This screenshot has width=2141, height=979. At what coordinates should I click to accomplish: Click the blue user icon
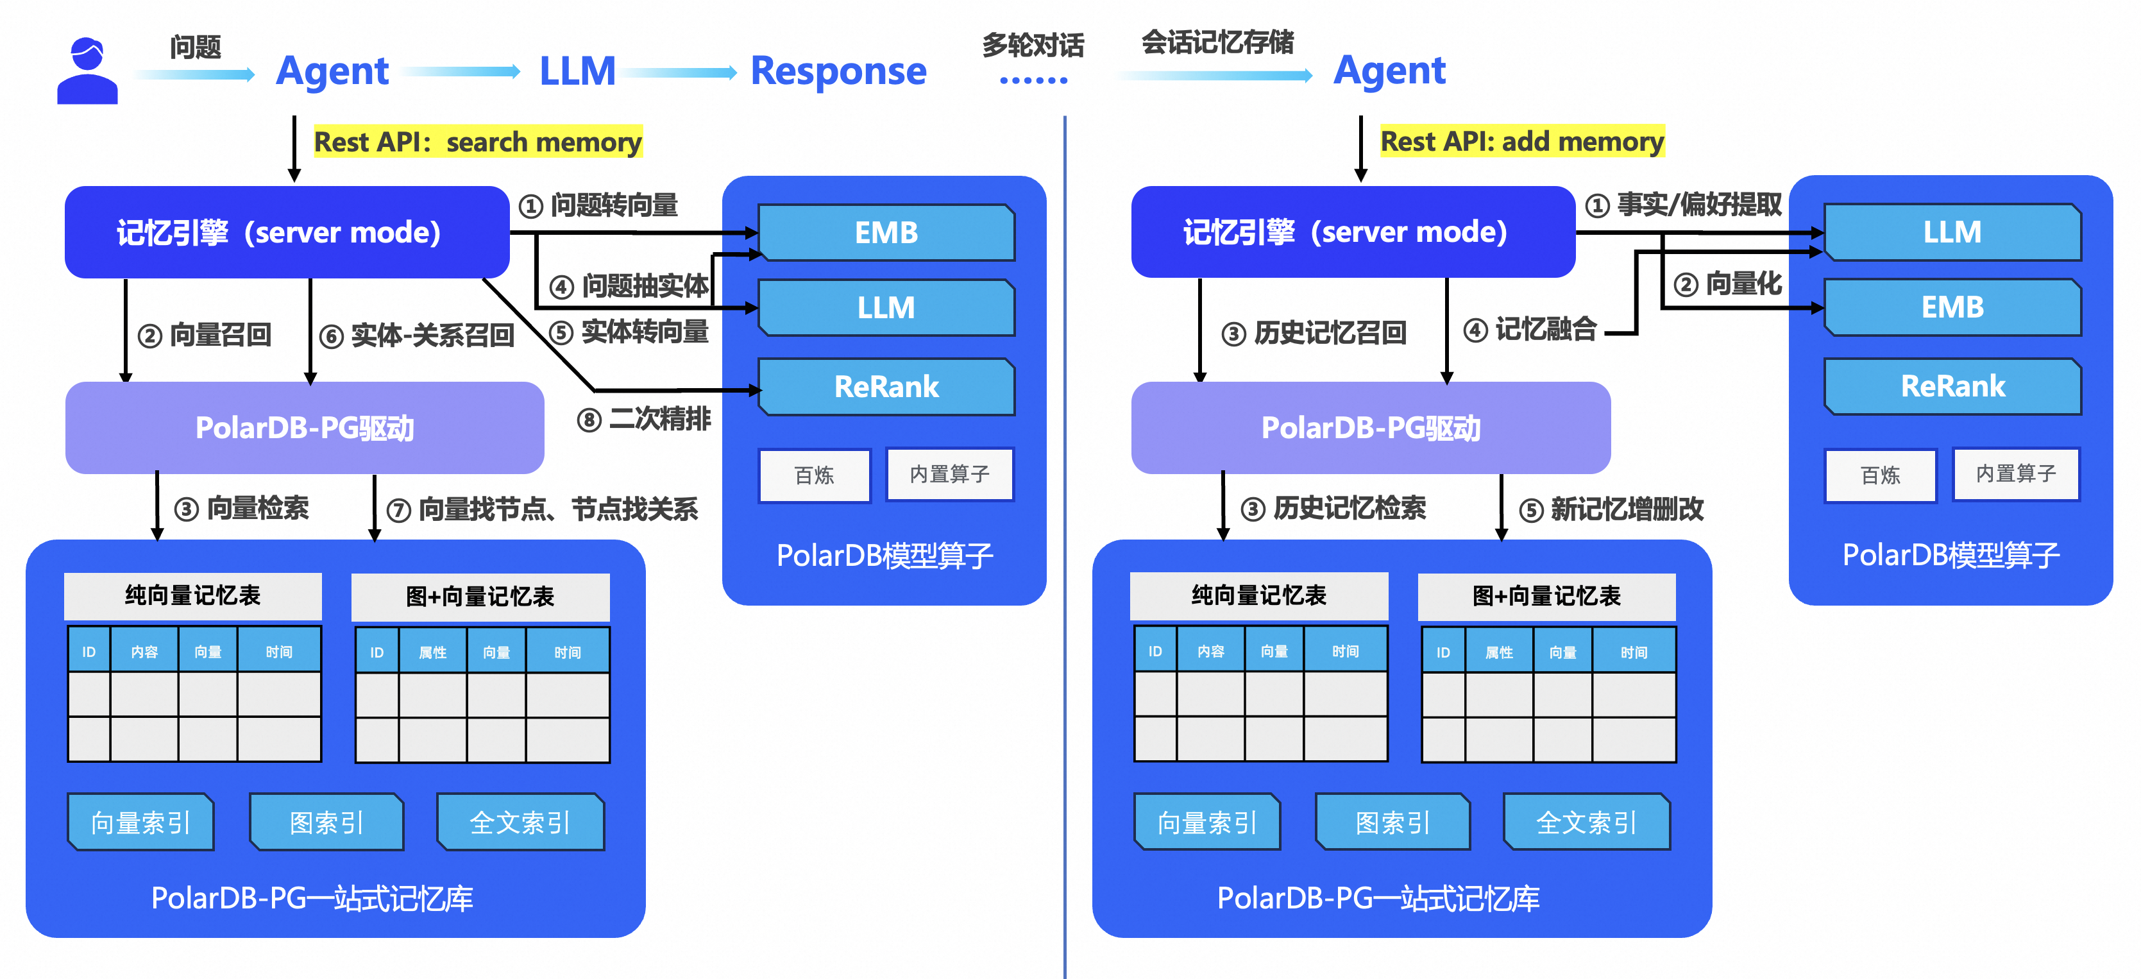87,71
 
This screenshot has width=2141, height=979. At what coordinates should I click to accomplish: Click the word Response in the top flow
838,71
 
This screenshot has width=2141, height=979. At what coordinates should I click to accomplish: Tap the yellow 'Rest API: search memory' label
477,142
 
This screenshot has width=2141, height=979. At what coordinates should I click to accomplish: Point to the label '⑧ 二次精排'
644,419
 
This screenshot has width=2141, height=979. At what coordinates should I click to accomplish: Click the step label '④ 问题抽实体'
629,286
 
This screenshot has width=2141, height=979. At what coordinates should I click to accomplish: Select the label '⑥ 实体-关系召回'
417,336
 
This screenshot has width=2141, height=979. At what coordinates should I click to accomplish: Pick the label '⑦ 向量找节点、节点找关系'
543,509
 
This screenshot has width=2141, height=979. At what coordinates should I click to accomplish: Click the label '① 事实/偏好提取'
1683,205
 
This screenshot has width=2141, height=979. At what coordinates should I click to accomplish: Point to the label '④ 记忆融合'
1529,329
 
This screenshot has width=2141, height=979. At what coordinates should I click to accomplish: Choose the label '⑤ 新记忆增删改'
1611,509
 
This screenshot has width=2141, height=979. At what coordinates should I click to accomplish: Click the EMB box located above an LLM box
886,233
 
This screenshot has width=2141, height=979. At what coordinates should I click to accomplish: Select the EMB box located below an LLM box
1952,307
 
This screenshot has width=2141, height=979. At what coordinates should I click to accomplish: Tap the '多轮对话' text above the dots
1033,45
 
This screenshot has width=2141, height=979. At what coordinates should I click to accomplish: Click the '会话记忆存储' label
1217,42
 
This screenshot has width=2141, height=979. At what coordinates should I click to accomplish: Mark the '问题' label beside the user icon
196,47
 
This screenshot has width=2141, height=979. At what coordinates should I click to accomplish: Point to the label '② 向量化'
1727,284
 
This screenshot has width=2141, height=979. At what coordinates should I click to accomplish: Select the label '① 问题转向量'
598,205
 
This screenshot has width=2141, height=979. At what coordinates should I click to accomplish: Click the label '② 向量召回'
205,335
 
